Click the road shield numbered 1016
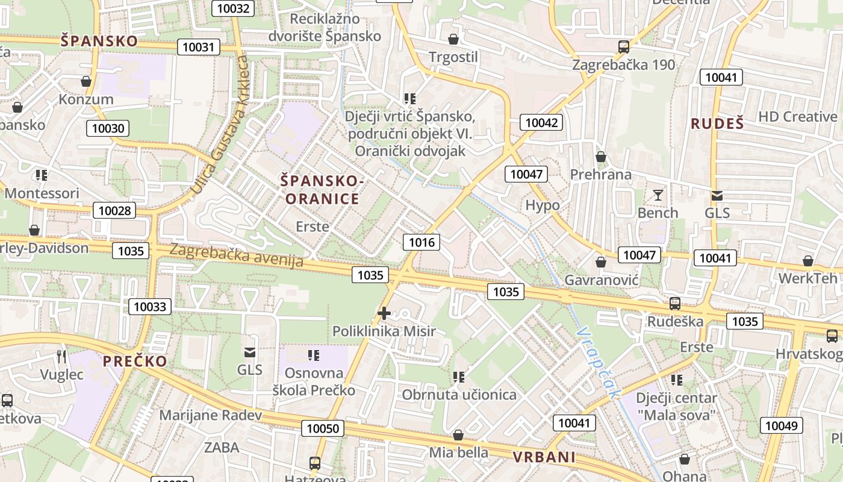coord(421,242)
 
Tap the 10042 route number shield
coord(541,123)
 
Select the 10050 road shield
coord(323,428)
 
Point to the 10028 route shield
coord(114,210)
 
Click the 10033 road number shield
coord(150,307)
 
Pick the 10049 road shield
coord(781,426)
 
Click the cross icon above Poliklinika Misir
coord(384,313)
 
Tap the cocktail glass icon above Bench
coord(658,195)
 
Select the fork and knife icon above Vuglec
coord(61,356)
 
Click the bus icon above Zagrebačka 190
coord(624,46)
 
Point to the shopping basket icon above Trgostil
coord(453,39)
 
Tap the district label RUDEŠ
coord(717,124)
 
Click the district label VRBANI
coord(544,457)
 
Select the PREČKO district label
coord(135,361)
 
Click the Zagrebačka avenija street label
coord(236,255)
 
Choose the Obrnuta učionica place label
coord(459,395)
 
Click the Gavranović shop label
coord(601,280)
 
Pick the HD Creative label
coord(797,117)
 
